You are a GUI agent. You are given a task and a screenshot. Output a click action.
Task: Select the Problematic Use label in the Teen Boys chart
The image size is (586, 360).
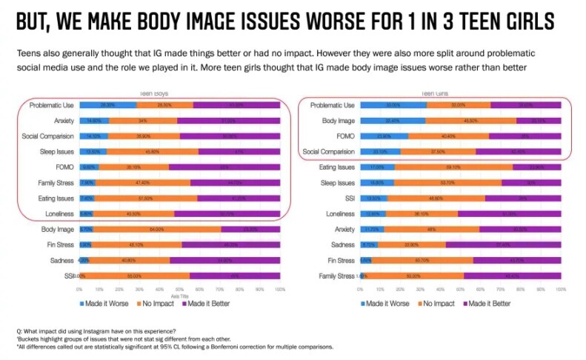click(x=50, y=105)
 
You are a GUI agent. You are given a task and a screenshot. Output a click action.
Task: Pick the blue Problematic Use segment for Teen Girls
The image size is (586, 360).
click(x=393, y=105)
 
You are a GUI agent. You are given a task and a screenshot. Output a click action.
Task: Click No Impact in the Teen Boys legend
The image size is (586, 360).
click(x=156, y=304)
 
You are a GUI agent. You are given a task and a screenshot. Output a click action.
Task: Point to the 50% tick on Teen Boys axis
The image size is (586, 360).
click(x=179, y=289)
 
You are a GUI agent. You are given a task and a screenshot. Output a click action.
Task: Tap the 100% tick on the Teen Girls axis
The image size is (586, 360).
click(x=561, y=289)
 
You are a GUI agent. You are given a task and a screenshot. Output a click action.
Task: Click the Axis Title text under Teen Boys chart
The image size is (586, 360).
click(x=179, y=295)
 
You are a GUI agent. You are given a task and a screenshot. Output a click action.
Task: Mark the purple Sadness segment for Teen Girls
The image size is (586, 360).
click(x=503, y=244)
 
